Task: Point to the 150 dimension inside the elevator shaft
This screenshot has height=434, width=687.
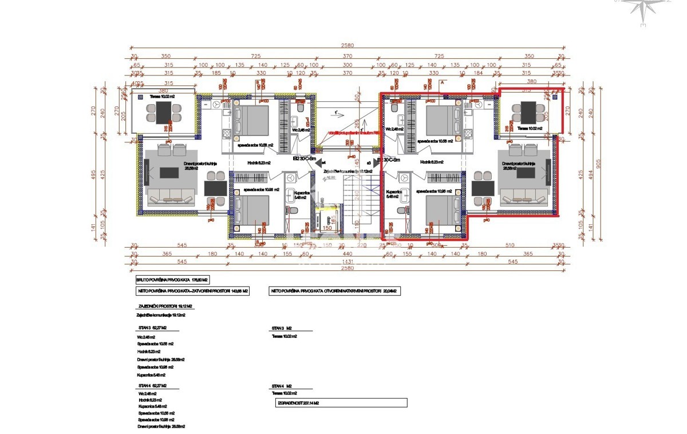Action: tap(327, 228)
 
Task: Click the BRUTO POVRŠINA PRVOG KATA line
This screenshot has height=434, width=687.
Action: tap(172, 280)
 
